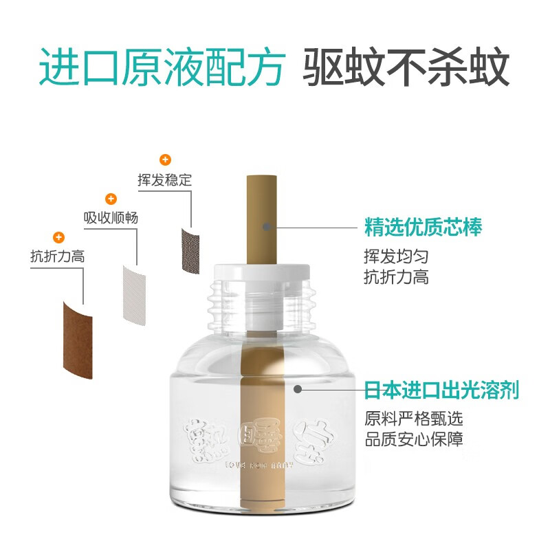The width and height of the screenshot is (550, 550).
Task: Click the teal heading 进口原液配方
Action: point(162,67)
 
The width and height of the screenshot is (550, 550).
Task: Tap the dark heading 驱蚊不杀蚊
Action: point(406,67)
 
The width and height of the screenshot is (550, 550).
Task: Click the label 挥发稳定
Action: point(165,181)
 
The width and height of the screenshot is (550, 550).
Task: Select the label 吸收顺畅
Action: point(111,218)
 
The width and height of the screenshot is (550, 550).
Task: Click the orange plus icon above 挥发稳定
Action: point(165,160)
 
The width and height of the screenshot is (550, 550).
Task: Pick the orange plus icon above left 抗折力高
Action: point(58,237)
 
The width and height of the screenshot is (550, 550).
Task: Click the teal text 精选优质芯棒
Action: point(423,226)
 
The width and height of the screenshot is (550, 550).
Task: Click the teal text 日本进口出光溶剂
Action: point(441,390)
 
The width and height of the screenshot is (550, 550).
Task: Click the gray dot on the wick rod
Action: point(267,225)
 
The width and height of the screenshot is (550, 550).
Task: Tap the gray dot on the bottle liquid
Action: point(298,389)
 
